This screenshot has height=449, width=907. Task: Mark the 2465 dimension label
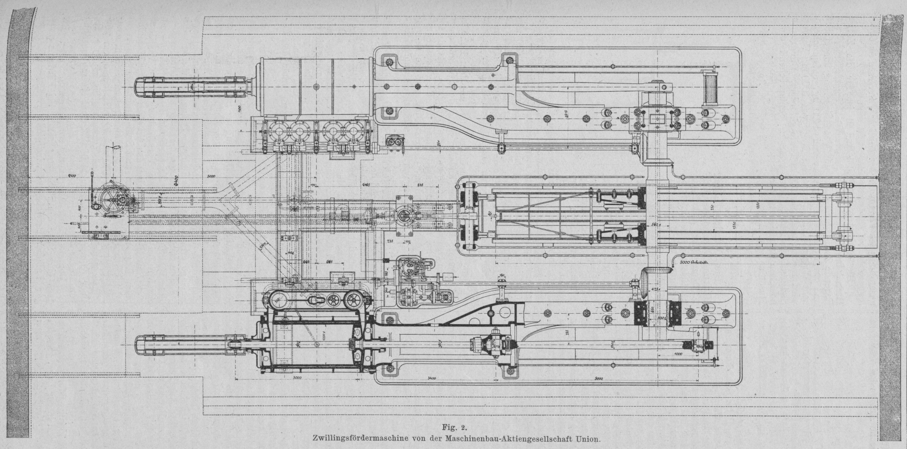366,185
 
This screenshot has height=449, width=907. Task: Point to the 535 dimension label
421,185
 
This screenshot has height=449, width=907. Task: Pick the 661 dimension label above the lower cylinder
329,260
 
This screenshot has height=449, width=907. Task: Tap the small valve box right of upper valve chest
394,141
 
